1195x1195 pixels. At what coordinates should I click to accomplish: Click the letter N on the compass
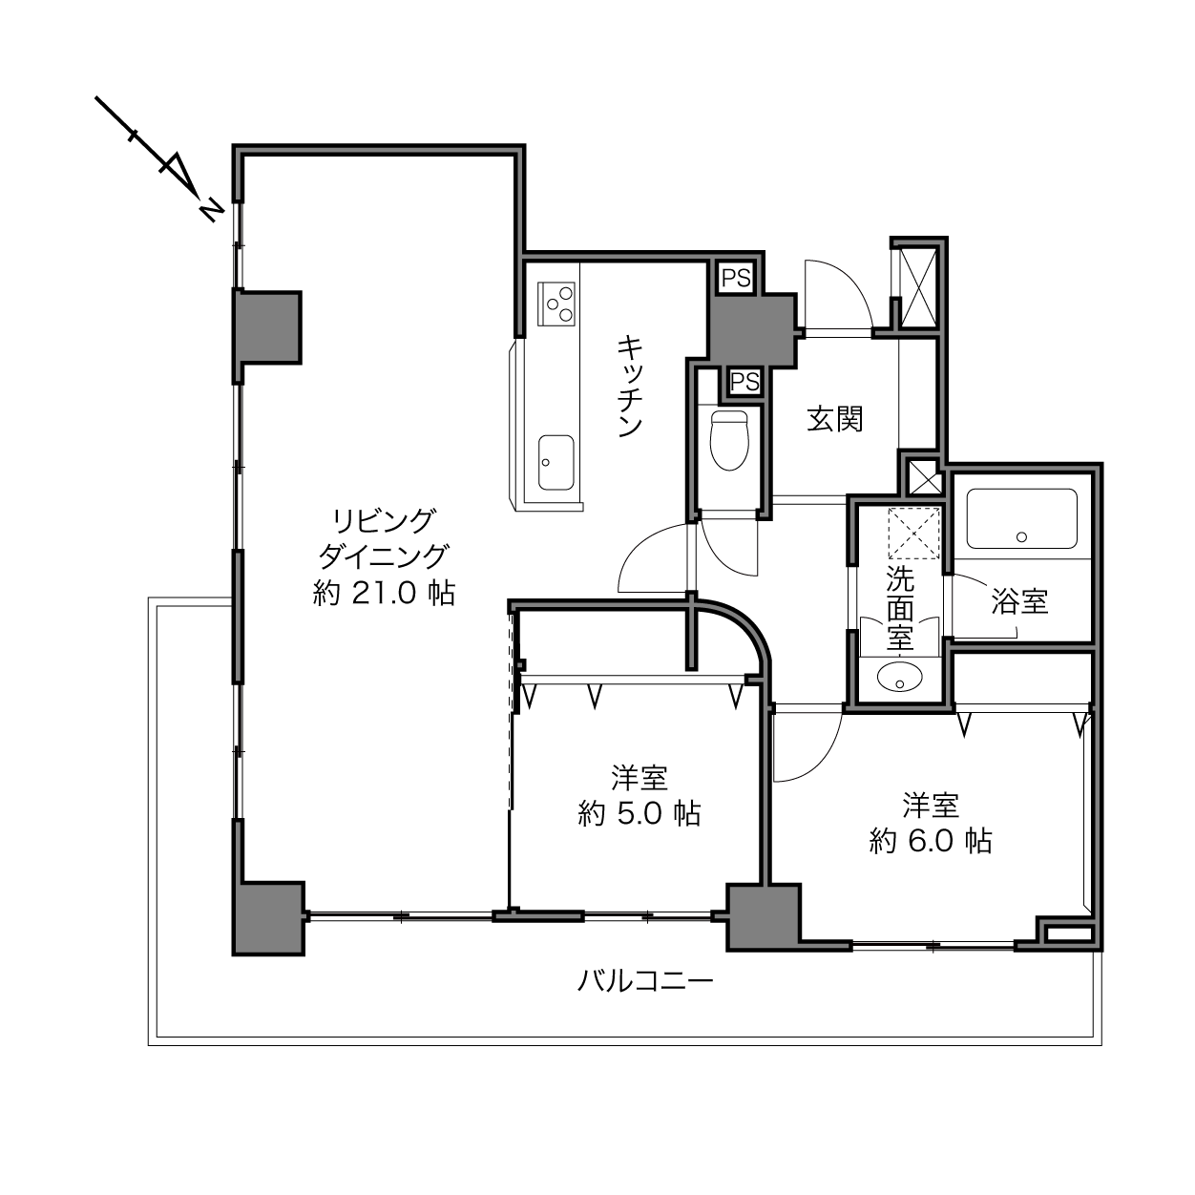coord(211,210)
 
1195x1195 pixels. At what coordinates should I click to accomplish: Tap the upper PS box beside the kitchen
coord(736,277)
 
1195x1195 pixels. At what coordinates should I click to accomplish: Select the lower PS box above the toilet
coord(744,382)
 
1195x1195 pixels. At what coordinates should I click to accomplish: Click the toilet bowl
coord(729,440)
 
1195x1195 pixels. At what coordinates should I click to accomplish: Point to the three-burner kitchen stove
coord(556,304)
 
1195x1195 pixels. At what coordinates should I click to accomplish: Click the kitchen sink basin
coord(556,463)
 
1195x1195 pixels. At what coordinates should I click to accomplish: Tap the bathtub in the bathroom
coord(1021,518)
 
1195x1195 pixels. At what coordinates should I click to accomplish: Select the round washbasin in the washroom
coord(899,677)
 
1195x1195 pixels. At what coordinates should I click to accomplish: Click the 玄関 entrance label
coord(835,420)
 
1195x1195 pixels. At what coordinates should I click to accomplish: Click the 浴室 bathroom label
coord(1019,600)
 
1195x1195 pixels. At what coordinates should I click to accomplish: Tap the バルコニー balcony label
coord(645,980)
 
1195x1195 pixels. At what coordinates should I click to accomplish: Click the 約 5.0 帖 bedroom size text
coord(639,813)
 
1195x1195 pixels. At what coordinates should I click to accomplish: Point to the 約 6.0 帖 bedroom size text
coord(931,841)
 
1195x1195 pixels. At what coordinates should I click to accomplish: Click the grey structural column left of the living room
coord(268,326)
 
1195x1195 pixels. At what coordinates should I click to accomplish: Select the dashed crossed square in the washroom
coord(912,534)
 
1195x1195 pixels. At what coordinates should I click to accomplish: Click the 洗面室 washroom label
coord(899,608)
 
